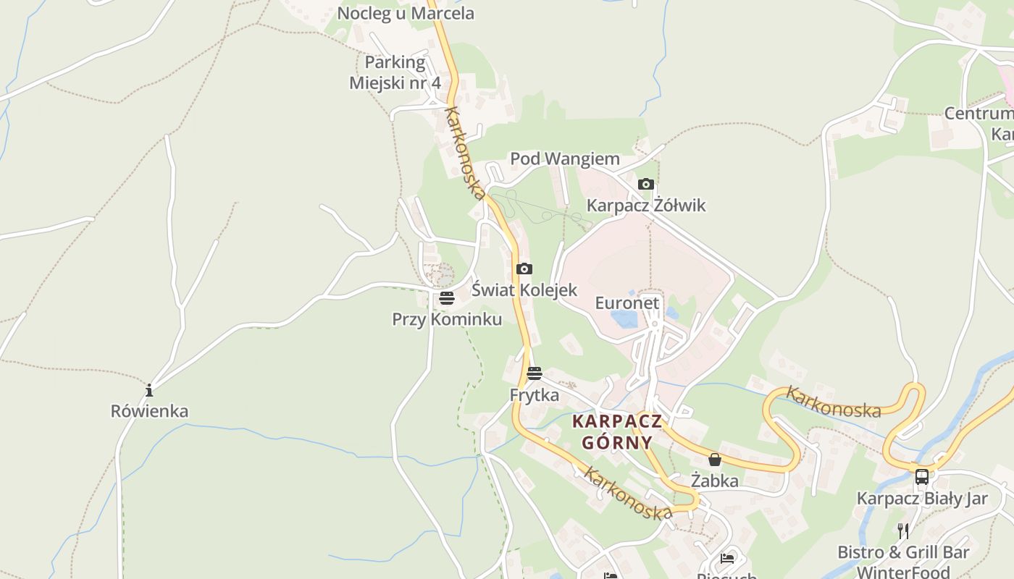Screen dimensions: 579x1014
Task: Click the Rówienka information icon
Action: tap(149, 391)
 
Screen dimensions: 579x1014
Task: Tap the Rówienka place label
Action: tap(149, 411)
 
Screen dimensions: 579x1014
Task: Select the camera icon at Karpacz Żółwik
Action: tap(646, 185)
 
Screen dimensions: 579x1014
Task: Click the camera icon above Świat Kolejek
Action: tap(524, 269)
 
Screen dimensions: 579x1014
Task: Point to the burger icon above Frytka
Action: tap(535, 373)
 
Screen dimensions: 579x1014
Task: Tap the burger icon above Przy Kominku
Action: tap(446, 298)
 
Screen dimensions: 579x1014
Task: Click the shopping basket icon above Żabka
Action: tap(715, 460)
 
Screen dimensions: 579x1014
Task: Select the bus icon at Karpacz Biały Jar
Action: tap(922, 477)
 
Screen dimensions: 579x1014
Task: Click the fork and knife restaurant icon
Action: tap(903, 531)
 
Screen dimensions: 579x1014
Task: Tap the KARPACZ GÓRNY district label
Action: tap(616, 431)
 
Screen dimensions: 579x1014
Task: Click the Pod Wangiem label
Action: tap(565, 159)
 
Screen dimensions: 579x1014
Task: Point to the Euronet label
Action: tap(627, 303)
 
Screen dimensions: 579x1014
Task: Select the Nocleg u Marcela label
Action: tap(406, 13)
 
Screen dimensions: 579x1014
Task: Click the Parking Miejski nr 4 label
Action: tap(395, 72)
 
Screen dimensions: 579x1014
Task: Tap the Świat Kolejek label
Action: tap(524, 290)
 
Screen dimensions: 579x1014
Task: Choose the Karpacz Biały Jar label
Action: tap(922, 499)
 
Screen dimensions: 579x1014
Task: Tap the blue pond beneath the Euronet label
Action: tap(624, 319)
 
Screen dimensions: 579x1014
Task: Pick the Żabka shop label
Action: tap(715, 481)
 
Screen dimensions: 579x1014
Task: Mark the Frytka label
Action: tap(535, 395)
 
